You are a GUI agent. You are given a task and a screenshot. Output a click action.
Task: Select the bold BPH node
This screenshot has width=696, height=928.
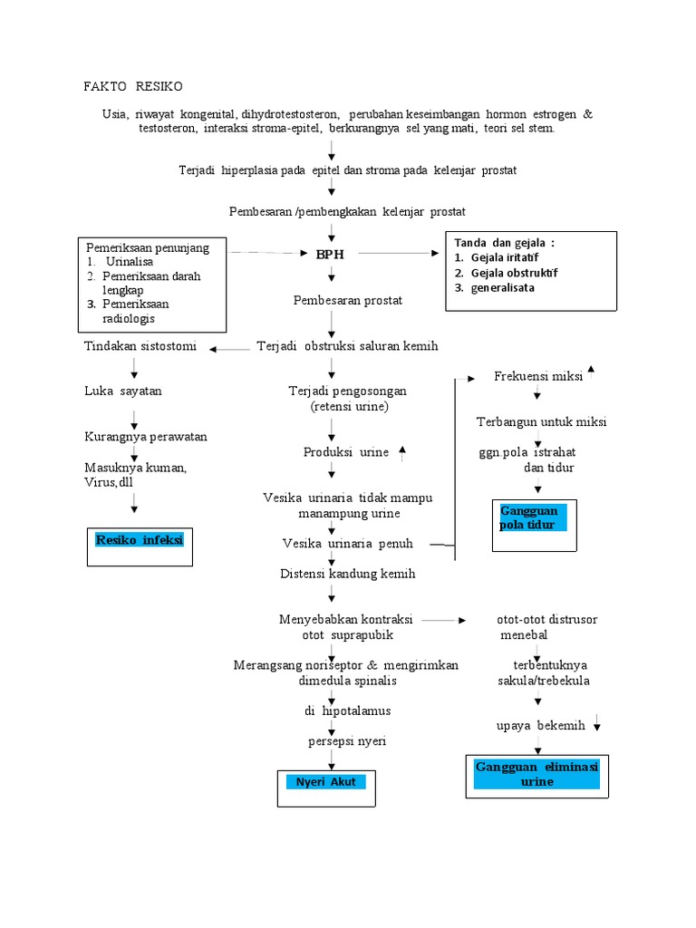331,255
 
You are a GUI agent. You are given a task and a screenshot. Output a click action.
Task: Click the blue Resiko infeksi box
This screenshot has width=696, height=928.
140,541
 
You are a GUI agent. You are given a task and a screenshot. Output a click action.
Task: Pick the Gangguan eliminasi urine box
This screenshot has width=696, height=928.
536,774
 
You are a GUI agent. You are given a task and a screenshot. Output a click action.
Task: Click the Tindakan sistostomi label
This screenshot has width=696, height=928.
140,346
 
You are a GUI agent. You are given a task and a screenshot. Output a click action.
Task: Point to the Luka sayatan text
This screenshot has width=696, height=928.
123,391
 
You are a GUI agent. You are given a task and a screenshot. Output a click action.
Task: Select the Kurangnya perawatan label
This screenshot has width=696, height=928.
146,437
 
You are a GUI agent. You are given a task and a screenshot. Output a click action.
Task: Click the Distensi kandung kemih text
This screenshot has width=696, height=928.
348,574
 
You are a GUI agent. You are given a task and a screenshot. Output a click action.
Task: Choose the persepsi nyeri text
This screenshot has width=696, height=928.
346,741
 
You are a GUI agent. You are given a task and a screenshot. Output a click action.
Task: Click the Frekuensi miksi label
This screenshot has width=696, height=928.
537,376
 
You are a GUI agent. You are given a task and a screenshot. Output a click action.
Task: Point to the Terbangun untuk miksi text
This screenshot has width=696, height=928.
542,422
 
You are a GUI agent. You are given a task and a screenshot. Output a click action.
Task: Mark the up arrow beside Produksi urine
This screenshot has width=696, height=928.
402,451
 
